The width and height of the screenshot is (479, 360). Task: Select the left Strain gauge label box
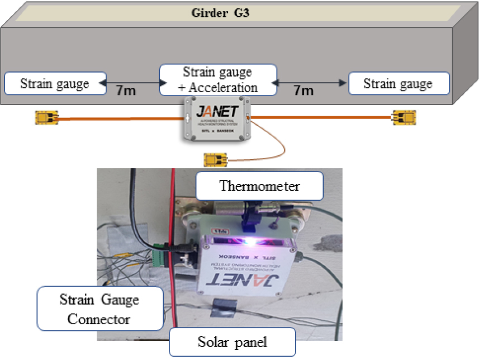point(55,84)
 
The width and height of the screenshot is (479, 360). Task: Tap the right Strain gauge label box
point(398,84)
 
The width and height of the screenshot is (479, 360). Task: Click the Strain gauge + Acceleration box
point(217,79)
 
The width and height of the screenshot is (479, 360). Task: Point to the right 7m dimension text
point(303,90)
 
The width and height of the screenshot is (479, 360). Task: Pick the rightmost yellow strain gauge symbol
point(402,117)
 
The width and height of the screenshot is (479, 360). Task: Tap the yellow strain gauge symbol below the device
point(216,160)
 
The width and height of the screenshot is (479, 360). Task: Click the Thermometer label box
point(259,186)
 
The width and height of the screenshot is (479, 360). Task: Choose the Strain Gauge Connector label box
point(99,309)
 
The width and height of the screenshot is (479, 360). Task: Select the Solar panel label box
point(231,341)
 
